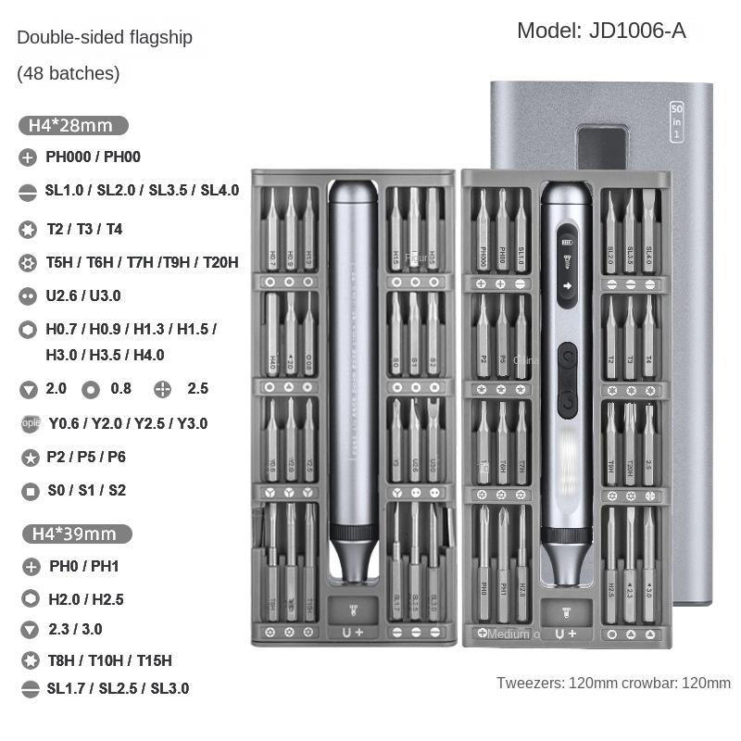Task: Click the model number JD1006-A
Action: coord(601,31)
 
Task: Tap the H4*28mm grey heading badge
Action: coord(71,125)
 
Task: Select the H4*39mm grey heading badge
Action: coord(75,534)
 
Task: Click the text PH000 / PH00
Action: coord(93,157)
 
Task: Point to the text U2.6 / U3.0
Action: coord(83,296)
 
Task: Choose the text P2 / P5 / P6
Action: coord(85,457)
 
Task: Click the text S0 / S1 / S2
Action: coord(85,491)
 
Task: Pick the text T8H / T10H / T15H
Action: coord(109,660)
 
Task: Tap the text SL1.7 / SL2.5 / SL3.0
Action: coord(117,688)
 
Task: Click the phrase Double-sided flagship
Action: coord(105,38)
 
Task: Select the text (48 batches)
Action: coord(69,73)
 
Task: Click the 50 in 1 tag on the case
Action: coord(676,121)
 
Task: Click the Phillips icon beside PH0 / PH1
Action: coord(30,567)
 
